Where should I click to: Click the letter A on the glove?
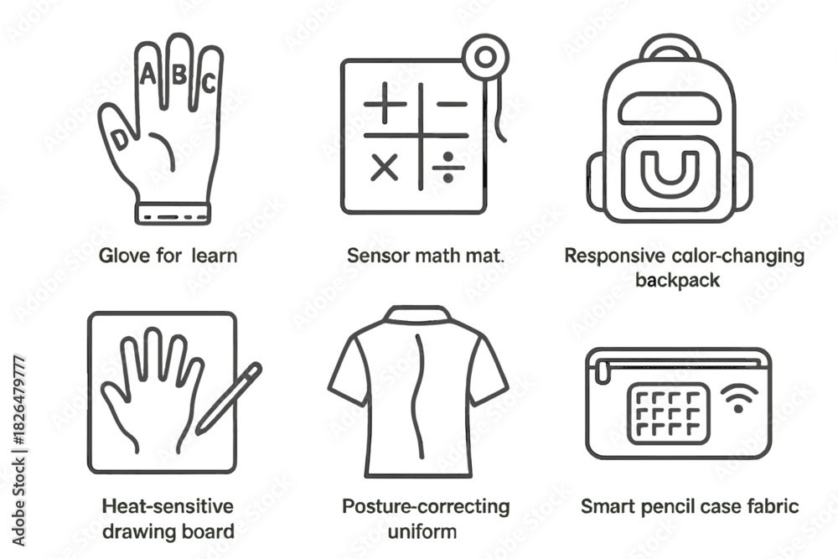click(148, 74)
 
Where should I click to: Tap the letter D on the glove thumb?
click(120, 139)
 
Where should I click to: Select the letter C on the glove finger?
click(209, 83)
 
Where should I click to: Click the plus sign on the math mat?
click(385, 104)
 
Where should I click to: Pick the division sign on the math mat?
click(447, 168)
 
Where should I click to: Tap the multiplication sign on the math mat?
click(385, 168)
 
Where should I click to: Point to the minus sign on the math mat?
click(452, 104)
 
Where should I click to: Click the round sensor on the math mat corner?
click(485, 58)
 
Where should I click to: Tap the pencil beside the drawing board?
click(228, 397)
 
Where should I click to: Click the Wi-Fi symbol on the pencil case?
click(739, 399)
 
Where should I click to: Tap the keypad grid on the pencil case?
click(669, 413)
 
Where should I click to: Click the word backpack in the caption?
click(678, 280)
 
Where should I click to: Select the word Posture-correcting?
click(426, 507)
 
